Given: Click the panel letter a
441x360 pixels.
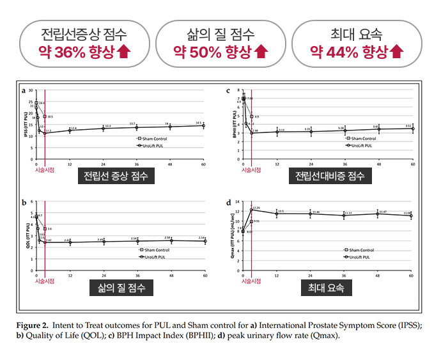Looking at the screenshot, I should [23, 90].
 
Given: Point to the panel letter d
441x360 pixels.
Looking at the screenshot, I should [228, 203].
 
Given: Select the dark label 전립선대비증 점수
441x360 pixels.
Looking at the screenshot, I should [330, 176].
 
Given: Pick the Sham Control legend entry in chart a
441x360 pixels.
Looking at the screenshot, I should [153, 138].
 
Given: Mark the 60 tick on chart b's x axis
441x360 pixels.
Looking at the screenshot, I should [205, 276].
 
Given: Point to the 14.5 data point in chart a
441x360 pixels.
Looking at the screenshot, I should [204, 125].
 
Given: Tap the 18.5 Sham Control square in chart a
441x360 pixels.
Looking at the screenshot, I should [45, 116].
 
